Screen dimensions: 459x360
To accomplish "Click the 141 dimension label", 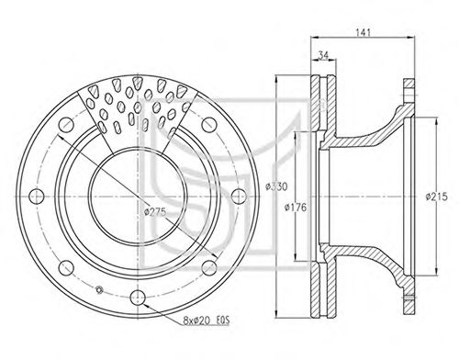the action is pos(364,32).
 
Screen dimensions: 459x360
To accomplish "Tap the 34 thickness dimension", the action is pos(323,55).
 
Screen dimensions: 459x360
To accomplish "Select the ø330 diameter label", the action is pos(276,186).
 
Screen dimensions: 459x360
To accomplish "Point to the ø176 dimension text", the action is pos(296,208).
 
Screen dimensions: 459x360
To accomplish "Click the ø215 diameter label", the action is pos(437,197).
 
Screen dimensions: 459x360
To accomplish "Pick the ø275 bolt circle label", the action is pos(155,212).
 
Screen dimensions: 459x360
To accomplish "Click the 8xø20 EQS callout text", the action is pos(207,321).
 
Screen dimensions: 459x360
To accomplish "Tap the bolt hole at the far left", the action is pos(37,196).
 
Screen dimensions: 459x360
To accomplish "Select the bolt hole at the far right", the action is pos(239,196).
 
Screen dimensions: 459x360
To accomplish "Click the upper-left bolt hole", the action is pos(66,125).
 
